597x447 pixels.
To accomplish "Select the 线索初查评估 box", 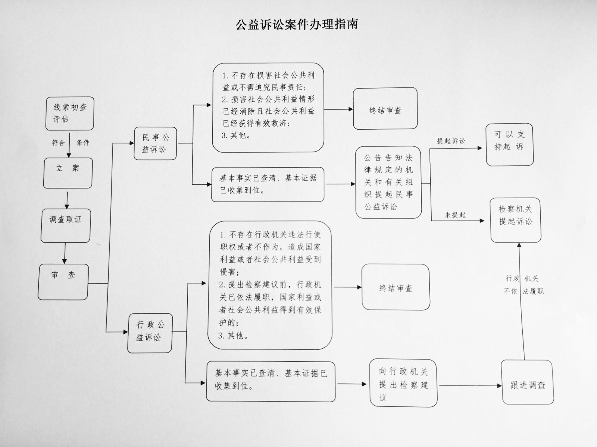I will [70, 113].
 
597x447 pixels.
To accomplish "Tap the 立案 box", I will [68, 173].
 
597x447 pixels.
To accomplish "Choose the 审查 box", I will [63, 281].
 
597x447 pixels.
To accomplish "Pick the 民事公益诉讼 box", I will [155, 143].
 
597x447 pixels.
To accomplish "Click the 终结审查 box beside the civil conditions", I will [385, 109].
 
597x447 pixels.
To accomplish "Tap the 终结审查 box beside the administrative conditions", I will [396, 287].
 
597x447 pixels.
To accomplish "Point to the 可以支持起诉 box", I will [509, 145].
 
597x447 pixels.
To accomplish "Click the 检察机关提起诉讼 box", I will [516, 220].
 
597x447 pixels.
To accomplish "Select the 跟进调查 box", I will [527, 382].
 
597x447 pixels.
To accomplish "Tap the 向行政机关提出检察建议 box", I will [403, 383].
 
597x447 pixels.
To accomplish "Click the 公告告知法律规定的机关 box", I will [388, 182].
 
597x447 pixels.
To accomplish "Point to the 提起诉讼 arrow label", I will [451, 141].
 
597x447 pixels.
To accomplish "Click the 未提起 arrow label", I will [455, 215].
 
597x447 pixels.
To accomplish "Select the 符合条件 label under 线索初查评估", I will [70, 143].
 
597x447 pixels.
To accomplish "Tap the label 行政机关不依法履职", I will [523, 285].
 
